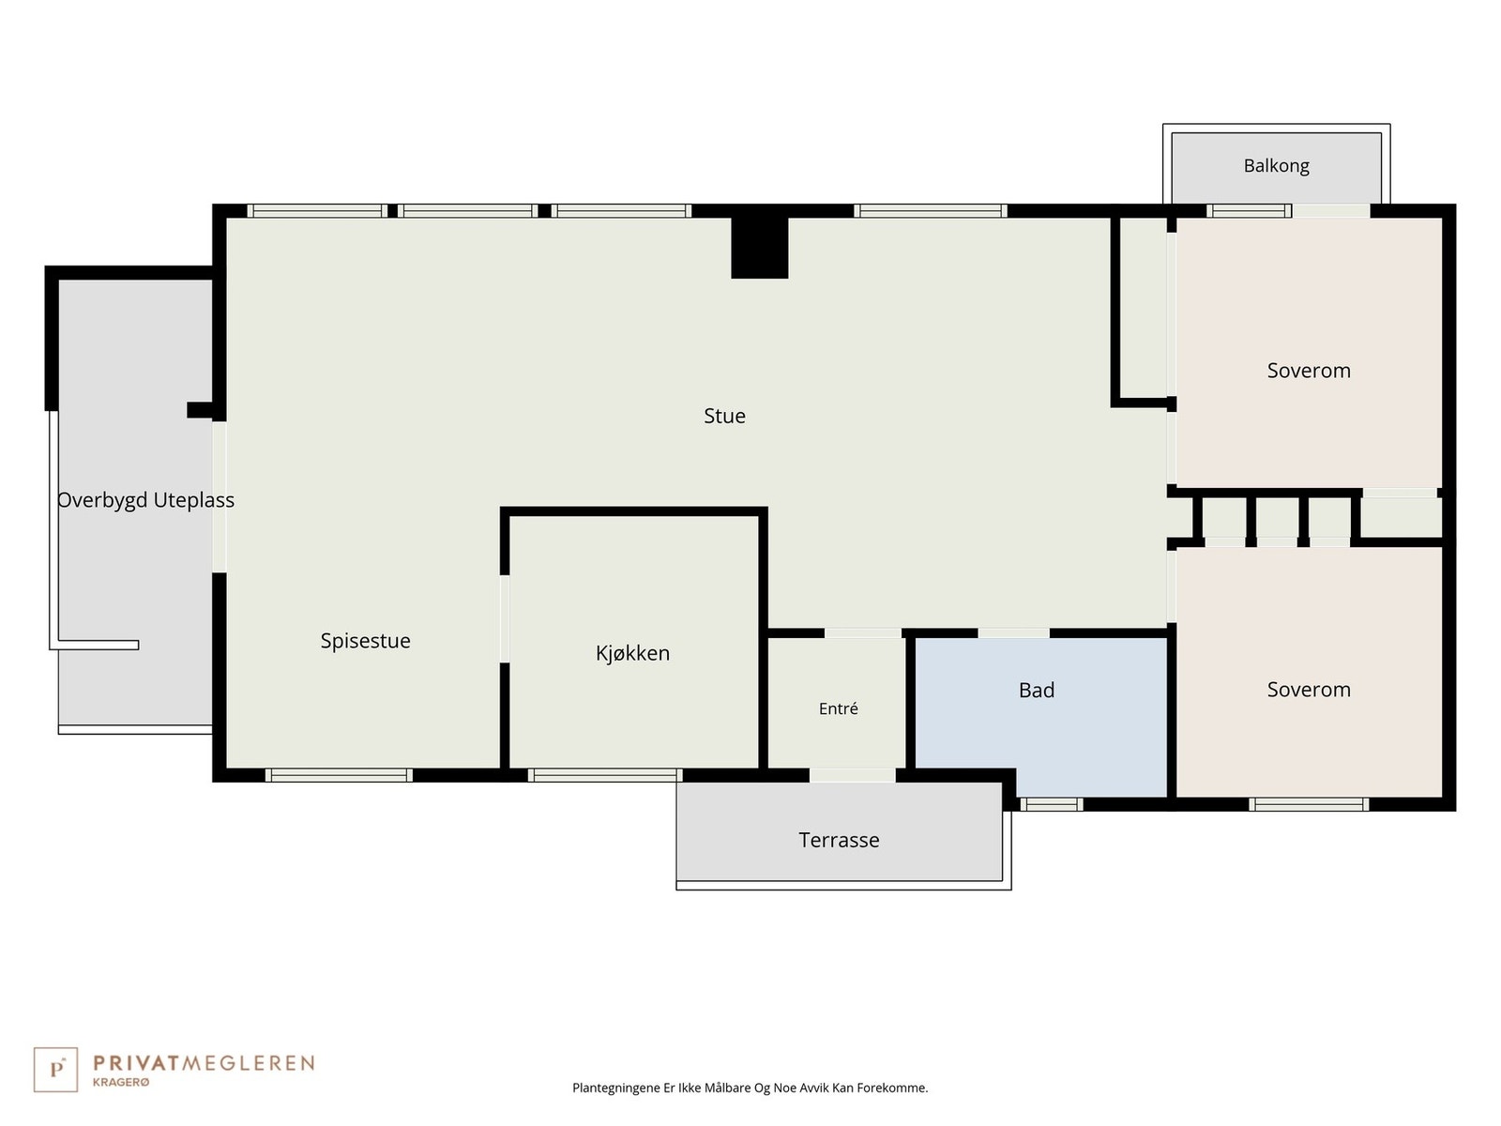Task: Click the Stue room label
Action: point(724,416)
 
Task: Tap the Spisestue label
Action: point(365,641)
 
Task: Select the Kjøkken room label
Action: point(632,653)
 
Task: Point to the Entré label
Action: point(838,708)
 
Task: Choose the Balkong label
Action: point(1276,166)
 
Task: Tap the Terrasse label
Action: point(839,840)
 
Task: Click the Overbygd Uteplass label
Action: point(145,500)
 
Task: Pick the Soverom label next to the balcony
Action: point(1308,371)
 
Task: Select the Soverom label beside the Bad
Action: point(1308,689)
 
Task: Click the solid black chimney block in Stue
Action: point(759,248)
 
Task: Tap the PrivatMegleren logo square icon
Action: point(55,1070)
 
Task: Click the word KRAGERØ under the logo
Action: point(121,1082)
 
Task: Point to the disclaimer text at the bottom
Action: point(750,1088)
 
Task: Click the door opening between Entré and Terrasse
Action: point(852,775)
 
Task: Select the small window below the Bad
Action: point(1052,805)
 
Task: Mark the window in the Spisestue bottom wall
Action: point(339,775)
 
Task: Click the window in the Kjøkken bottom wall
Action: point(604,775)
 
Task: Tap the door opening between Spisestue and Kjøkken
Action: point(505,618)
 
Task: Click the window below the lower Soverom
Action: point(1309,805)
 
